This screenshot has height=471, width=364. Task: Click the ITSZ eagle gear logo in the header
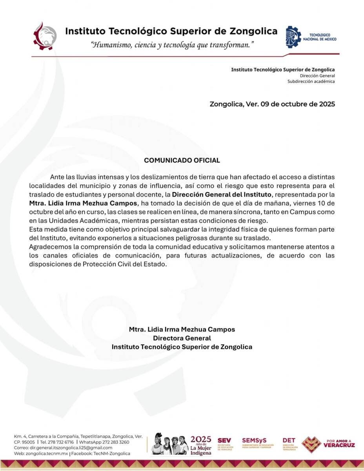pyautogui.click(x=44, y=36)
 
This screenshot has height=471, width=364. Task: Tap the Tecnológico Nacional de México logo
pyautogui.click(x=311, y=37)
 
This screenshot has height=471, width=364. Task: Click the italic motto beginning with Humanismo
pyautogui.click(x=172, y=45)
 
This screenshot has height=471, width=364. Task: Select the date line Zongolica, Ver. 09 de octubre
pyautogui.click(x=272, y=104)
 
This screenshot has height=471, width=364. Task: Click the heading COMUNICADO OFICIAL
pyautogui.click(x=182, y=161)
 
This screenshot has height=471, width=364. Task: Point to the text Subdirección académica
pyautogui.click(x=311, y=81)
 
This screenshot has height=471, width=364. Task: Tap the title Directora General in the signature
pyautogui.click(x=182, y=338)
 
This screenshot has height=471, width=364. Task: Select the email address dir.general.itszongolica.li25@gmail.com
pyautogui.click(x=71, y=448)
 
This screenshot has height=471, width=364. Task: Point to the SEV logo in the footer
pyautogui.click(x=225, y=444)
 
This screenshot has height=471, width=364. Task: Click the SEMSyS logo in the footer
pyautogui.click(x=257, y=443)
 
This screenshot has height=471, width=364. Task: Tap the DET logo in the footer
pyautogui.click(x=289, y=444)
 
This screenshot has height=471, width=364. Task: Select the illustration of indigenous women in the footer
pyautogui.click(x=170, y=444)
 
